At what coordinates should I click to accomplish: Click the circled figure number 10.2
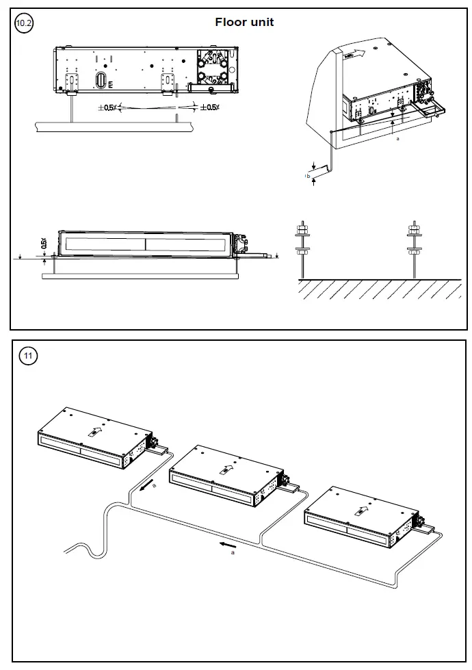tap(24, 23)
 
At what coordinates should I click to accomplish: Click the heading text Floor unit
tap(244, 22)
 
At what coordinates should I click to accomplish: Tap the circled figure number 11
tap(28, 355)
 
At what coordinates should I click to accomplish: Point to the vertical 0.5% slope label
tap(44, 243)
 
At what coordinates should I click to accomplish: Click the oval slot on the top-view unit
tap(101, 81)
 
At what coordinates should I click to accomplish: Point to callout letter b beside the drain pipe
tap(308, 177)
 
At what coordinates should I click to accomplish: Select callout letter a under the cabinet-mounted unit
tap(397, 139)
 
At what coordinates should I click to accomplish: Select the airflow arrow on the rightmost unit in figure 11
tap(361, 510)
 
